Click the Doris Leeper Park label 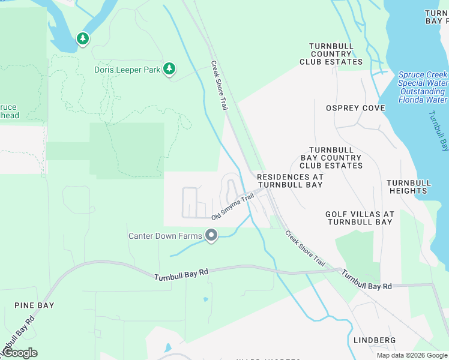(127, 70)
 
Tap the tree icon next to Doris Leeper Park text (169, 69)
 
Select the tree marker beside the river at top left (83, 40)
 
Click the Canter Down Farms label (165, 236)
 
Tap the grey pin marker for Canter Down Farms (211, 236)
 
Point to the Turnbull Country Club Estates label (336, 54)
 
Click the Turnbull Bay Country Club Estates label (336, 158)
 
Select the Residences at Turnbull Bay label (290, 181)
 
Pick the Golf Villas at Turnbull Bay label (359, 218)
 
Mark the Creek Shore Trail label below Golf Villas (305, 249)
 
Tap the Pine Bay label (34, 305)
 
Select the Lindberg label (375, 340)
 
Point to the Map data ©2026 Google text (412, 355)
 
